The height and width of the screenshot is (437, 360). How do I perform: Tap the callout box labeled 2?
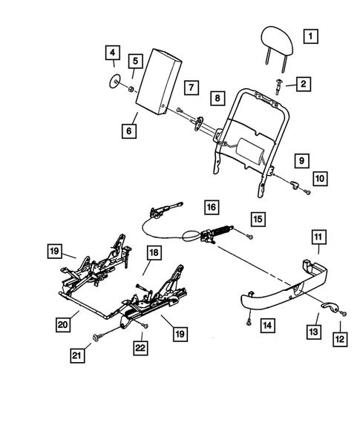click(304, 85)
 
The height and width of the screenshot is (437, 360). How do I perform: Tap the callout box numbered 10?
click(319, 179)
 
